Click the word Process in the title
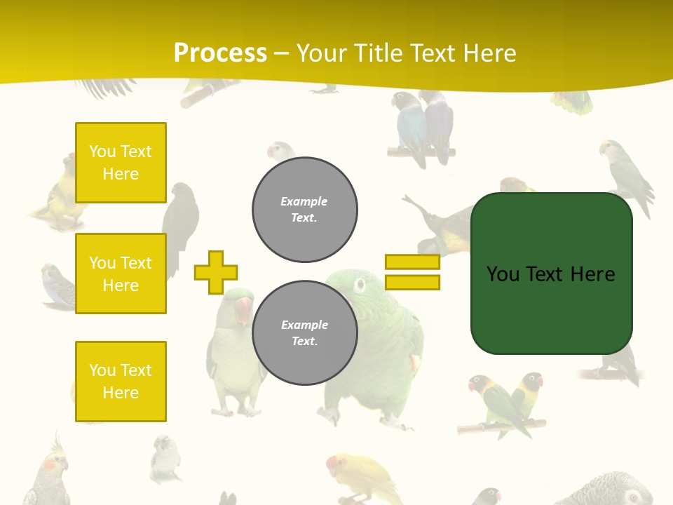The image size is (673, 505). [x=220, y=53]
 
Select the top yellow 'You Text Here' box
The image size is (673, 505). [x=121, y=163]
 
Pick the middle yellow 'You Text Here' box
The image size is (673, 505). [x=121, y=274]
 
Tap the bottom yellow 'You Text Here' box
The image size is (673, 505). [x=121, y=381]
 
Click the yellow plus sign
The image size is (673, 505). [x=216, y=272]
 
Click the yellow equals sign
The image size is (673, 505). [x=412, y=272]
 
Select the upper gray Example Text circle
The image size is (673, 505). [x=305, y=209]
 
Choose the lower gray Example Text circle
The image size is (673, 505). [x=305, y=332]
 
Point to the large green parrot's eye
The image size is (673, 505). [x=360, y=285]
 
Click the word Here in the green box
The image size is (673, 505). [x=593, y=274]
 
